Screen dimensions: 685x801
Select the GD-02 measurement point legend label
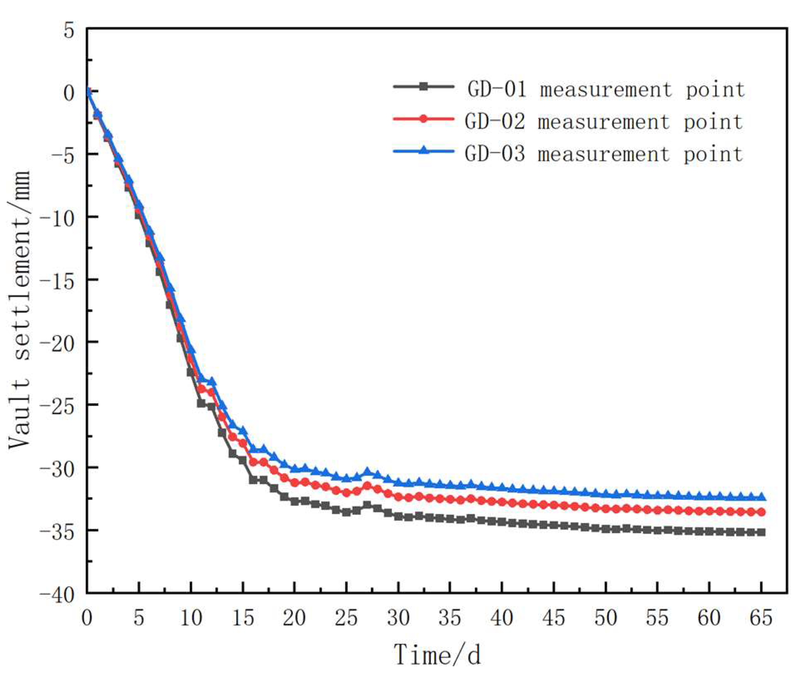(604, 122)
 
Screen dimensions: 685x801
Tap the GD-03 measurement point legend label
(604, 154)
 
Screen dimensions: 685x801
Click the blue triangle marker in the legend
(423, 150)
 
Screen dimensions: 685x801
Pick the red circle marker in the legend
(423, 119)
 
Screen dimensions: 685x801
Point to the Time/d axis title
(437, 655)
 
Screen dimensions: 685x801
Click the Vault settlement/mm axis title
(20, 310)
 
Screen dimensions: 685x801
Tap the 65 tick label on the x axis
(761, 618)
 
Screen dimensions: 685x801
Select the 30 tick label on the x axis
(398, 618)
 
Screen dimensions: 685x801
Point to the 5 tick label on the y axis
(69, 30)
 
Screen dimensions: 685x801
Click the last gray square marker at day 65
(762, 532)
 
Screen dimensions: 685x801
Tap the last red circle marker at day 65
(762, 512)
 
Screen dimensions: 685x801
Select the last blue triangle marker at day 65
(762, 496)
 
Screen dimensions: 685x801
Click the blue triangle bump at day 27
(367, 471)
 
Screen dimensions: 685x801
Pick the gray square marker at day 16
(253, 480)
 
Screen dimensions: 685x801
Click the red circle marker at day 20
(295, 483)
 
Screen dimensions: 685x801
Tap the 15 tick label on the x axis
(243, 618)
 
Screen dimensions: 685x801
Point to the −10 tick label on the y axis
(57, 217)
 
